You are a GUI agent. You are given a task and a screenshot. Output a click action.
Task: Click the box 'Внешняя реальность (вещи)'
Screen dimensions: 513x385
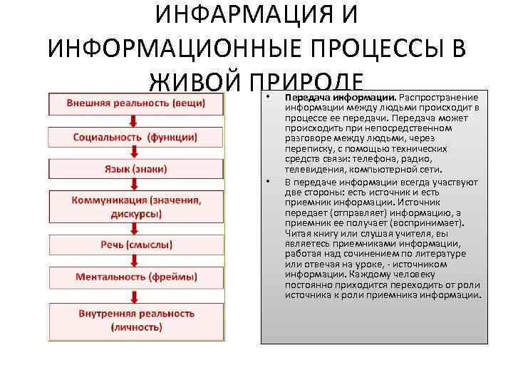[x=136, y=103]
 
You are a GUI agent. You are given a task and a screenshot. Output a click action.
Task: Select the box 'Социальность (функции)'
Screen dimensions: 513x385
[x=136, y=136]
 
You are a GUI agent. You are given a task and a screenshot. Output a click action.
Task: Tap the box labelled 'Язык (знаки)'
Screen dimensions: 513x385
[x=136, y=169]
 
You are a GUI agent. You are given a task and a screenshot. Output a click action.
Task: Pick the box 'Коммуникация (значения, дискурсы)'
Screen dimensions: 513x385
[x=136, y=207]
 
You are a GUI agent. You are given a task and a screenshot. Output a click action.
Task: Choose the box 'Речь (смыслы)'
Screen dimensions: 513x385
[x=136, y=245]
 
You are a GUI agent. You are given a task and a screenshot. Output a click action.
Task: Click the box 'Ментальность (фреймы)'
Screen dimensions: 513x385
[x=136, y=277]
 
